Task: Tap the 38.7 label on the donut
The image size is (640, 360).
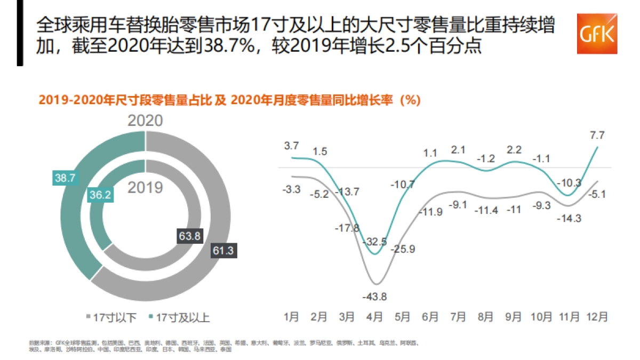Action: pos(64,178)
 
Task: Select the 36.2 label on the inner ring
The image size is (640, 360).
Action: pos(100,195)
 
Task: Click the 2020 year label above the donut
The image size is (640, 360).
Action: pos(145,120)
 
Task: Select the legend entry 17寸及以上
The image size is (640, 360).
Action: pos(180,318)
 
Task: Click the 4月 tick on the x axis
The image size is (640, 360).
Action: pos(374,317)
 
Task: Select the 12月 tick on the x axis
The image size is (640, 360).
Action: pos(597,317)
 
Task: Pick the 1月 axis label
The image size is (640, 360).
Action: pos(291,317)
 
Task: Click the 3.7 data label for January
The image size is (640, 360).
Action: pos(291,145)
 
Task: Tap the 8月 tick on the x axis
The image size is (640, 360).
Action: pos(485,317)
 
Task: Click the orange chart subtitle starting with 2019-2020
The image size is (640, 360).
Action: pos(229,100)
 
